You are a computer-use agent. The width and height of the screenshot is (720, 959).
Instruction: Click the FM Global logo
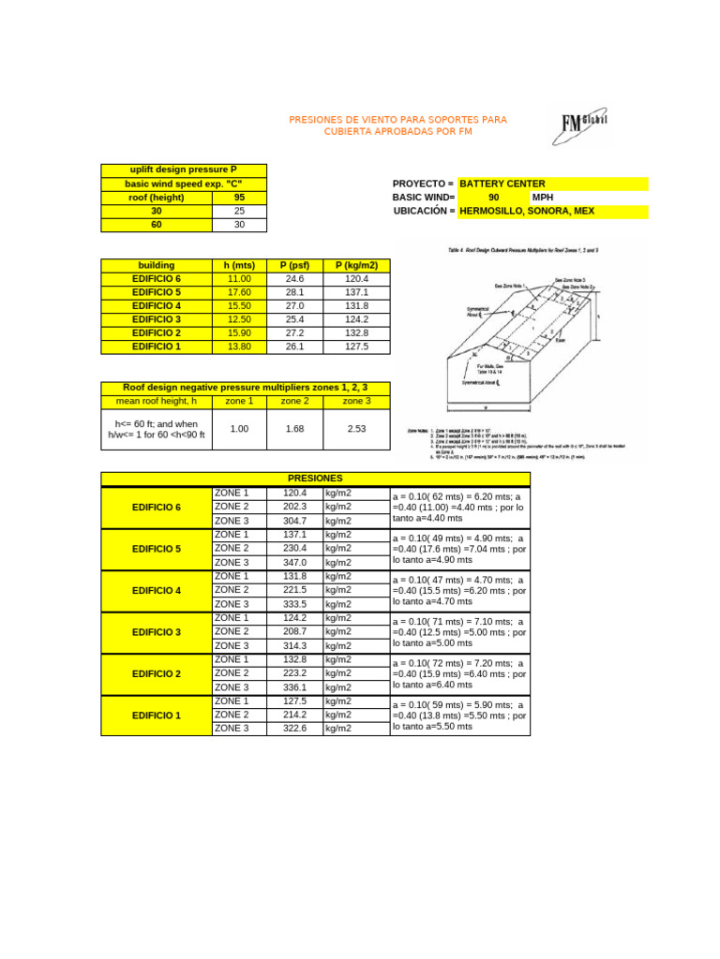click(x=583, y=125)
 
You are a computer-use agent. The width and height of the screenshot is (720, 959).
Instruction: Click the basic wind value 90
click(x=494, y=198)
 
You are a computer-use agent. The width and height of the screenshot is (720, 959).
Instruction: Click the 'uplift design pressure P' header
click(x=184, y=170)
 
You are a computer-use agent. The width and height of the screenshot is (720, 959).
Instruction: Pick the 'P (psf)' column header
click(x=294, y=266)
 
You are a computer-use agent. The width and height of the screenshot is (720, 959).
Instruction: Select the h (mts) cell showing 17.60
click(x=240, y=292)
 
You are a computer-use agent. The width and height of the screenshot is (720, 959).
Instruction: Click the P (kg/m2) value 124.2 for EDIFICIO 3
click(x=357, y=319)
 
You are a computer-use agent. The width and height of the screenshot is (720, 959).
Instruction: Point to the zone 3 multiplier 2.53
click(x=356, y=429)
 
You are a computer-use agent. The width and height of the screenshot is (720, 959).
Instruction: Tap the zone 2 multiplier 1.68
click(x=294, y=429)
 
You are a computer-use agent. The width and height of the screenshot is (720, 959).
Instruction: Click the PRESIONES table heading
click(x=315, y=479)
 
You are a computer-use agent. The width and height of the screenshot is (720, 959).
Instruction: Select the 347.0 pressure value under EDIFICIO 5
click(x=295, y=562)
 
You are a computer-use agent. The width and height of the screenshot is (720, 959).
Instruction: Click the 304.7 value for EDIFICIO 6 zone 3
click(x=295, y=521)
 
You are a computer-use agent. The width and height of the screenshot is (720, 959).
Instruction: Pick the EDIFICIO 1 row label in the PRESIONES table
click(x=157, y=716)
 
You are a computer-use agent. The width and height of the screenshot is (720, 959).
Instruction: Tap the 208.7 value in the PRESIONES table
click(x=295, y=632)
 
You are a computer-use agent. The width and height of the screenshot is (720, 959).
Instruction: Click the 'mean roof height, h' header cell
click(x=156, y=401)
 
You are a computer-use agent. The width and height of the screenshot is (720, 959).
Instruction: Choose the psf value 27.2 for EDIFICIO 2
click(x=294, y=333)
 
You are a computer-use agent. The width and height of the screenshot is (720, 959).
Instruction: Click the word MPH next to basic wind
click(x=543, y=198)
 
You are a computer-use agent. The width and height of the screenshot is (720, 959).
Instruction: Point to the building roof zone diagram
click(x=529, y=338)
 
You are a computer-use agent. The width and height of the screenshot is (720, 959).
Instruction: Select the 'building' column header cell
click(x=157, y=266)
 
